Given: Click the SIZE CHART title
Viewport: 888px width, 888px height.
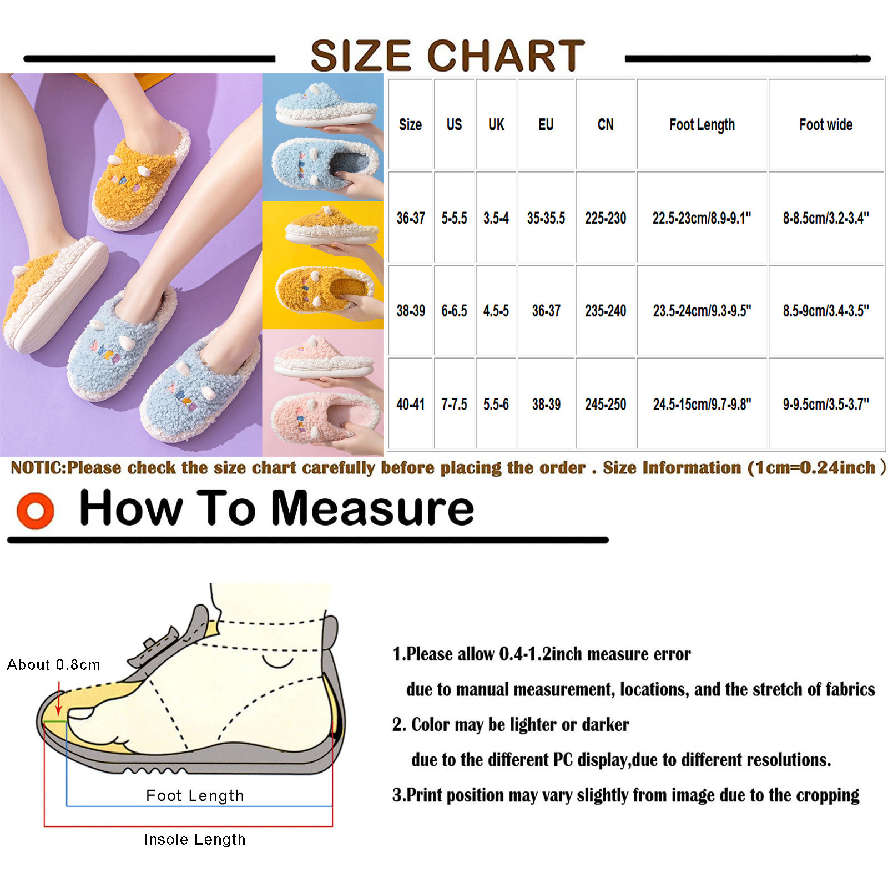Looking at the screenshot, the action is tap(447, 56).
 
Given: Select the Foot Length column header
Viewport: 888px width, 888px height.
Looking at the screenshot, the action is tap(702, 125).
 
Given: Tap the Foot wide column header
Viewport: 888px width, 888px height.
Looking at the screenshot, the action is tap(826, 124).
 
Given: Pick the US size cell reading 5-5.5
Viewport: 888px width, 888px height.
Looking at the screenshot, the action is tap(454, 218).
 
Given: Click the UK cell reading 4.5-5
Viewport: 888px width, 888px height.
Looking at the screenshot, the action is tap(496, 311).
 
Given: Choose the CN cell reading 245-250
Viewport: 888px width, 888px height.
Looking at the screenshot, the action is tap(605, 405).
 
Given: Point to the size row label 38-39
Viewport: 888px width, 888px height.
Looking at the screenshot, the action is tap(411, 311).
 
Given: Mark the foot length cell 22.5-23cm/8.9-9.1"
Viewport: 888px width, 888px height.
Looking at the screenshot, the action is tap(702, 218).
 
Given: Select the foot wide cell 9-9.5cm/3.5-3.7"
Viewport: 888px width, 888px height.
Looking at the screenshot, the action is tap(826, 405).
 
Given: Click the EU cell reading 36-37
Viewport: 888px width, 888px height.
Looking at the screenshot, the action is tap(546, 311).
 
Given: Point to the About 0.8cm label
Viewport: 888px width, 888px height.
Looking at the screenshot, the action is tap(53, 664).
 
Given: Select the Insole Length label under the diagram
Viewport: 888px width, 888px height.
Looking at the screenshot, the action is tap(194, 839).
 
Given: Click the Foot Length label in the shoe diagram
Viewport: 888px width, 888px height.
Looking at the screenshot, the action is tap(195, 795).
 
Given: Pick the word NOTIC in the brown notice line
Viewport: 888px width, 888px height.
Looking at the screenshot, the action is tap(38, 468).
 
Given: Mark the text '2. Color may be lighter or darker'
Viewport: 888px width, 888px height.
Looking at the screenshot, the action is tap(511, 724).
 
